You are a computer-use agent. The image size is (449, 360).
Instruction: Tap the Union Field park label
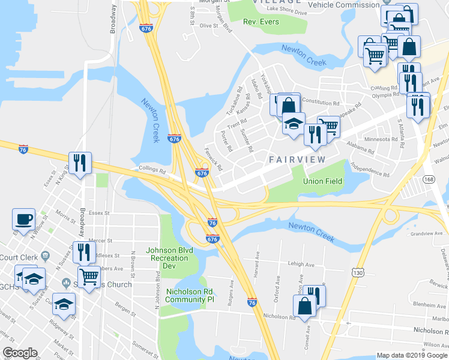pos(323,181)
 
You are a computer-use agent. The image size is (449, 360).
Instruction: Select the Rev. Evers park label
pos(262,22)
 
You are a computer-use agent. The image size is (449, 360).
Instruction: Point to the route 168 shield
pos(429,179)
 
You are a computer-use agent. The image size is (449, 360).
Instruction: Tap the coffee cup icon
pos(24,219)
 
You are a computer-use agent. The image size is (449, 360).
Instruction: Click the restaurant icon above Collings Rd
pos(79,162)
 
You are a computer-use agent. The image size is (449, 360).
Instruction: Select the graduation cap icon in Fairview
pos(294,124)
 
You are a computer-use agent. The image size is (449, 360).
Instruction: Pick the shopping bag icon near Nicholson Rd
pos(306,307)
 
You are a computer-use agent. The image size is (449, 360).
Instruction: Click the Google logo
pos(20,353)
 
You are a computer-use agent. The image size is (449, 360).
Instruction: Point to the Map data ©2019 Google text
pos(412,355)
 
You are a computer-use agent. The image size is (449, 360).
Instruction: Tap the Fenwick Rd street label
pos(214,158)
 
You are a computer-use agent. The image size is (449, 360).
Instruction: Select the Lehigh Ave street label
pos(301,264)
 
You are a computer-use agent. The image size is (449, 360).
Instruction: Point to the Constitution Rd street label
pos(324,101)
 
